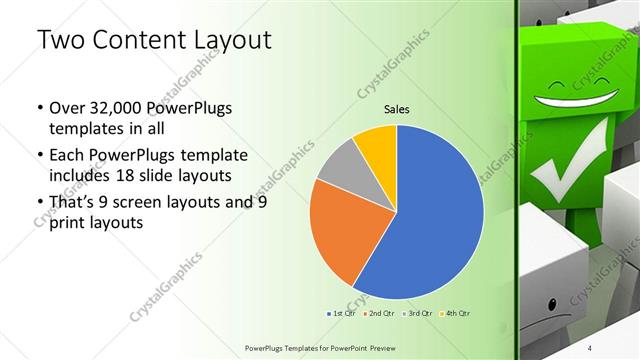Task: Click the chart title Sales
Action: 397,110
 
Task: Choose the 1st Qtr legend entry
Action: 342,313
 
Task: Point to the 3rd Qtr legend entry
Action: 417,313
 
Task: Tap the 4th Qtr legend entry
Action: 454,313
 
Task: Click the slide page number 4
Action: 589,347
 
